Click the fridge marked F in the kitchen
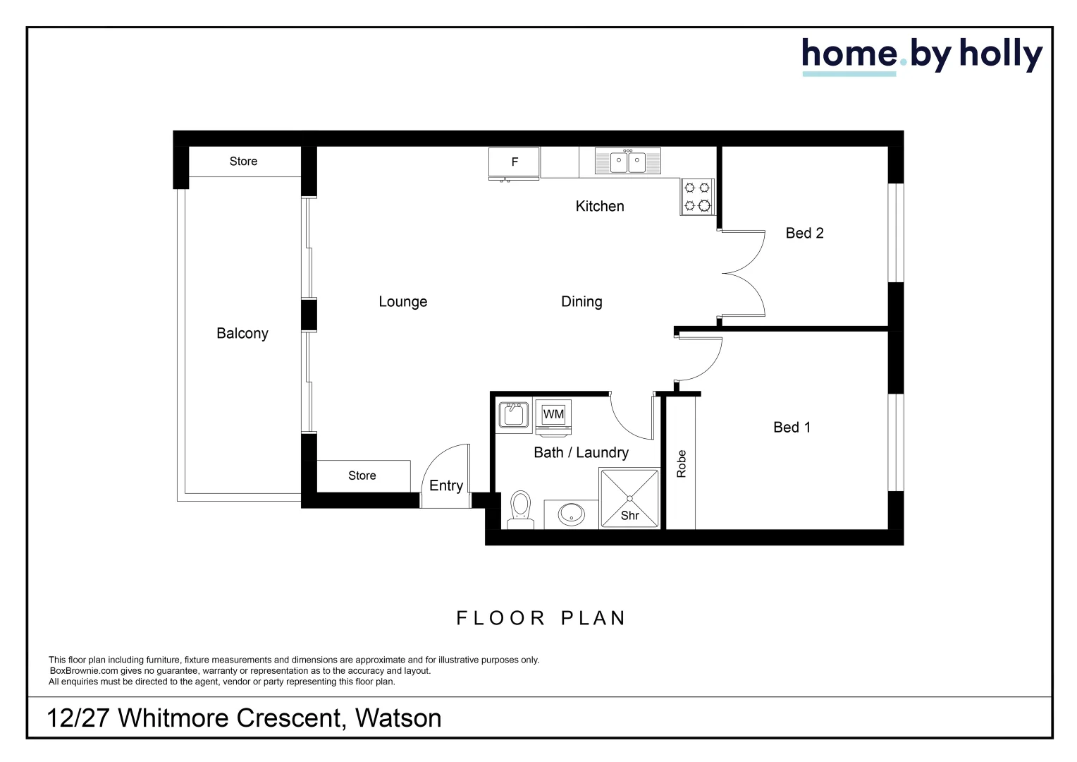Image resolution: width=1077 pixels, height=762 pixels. [515, 162]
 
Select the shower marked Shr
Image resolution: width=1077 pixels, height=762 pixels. [629, 498]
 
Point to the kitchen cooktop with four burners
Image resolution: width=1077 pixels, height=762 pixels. [697, 197]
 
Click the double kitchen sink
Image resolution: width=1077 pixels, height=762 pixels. [627, 162]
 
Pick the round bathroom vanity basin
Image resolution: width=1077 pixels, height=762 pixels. [571, 514]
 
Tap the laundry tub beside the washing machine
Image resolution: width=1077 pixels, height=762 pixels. [513, 415]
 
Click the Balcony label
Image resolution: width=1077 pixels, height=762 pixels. [242, 334]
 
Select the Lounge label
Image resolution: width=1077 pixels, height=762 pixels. [402, 302]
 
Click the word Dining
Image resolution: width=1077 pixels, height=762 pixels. [581, 302]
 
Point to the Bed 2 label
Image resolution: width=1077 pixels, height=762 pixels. [804, 234]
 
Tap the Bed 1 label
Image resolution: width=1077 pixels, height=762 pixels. [792, 428]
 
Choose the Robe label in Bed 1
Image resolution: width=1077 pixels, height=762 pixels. [681, 464]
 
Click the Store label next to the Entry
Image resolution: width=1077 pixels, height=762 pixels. [362, 476]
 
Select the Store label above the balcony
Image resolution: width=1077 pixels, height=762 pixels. [243, 162]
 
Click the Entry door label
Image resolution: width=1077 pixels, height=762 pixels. [445, 486]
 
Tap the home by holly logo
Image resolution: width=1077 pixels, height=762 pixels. [921, 55]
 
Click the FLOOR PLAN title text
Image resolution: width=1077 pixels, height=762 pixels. [541, 619]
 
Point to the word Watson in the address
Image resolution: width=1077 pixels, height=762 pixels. [398, 718]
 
